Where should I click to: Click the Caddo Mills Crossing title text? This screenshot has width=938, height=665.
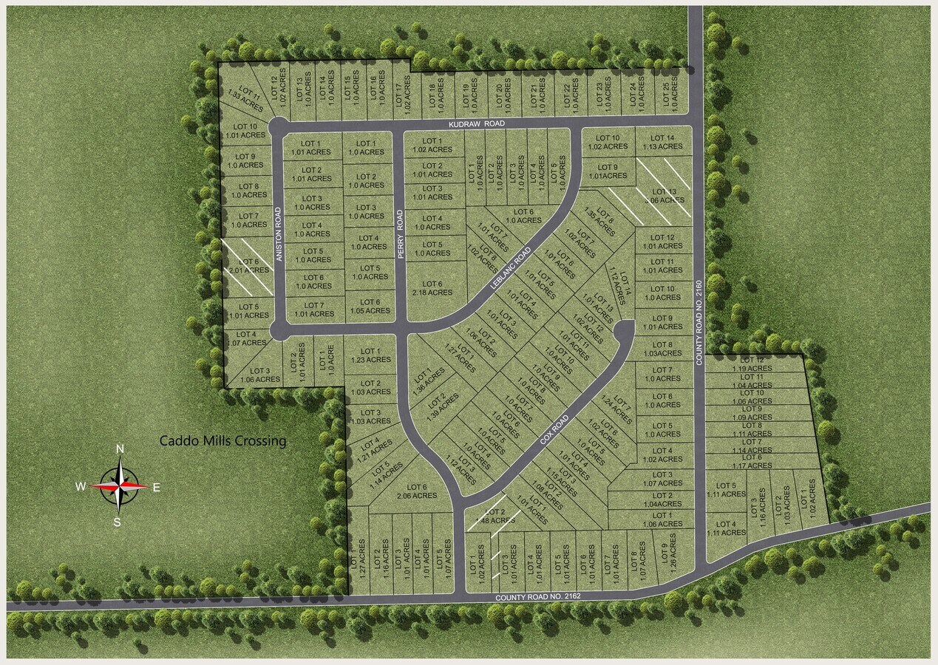(x=222, y=441)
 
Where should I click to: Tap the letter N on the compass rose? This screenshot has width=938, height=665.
(x=120, y=449)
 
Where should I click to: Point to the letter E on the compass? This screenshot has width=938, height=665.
(x=156, y=487)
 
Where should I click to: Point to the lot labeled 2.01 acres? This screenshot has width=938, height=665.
(x=247, y=266)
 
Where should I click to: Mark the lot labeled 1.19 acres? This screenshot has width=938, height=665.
(x=752, y=364)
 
